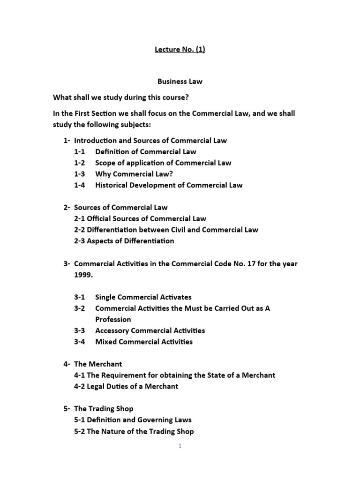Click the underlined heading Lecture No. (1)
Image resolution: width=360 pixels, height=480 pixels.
(x=180, y=50)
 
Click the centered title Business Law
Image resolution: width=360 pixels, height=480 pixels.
(x=180, y=82)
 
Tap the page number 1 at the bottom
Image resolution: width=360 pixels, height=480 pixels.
(x=180, y=446)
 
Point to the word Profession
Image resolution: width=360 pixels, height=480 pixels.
(x=113, y=320)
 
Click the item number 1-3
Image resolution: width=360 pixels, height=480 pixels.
(x=80, y=174)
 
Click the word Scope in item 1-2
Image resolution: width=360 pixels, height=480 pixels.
(x=105, y=163)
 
